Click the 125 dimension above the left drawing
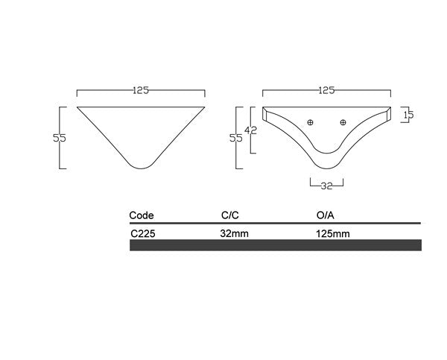click(x=141, y=91)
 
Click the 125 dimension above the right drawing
click(x=326, y=91)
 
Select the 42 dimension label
click(x=252, y=130)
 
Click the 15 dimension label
click(x=408, y=115)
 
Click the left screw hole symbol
click(x=311, y=122)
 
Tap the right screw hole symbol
click(x=343, y=122)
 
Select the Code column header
click(x=142, y=215)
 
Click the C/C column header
click(x=229, y=215)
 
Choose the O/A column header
click(x=326, y=215)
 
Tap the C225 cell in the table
click(x=143, y=233)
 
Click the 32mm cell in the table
click(x=234, y=233)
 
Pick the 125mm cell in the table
click(x=333, y=233)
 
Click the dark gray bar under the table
click(x=276, y=245)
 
